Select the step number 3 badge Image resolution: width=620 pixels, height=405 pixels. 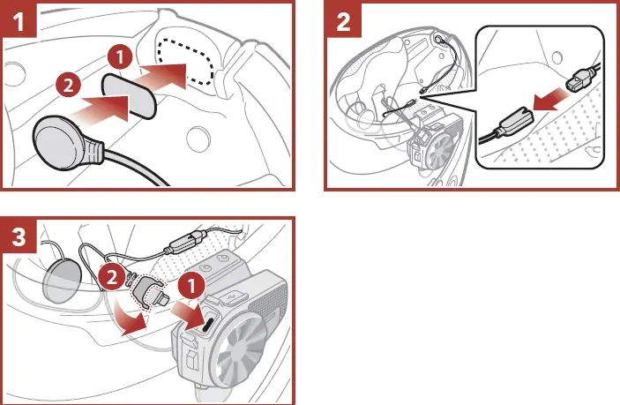tap(19, 236)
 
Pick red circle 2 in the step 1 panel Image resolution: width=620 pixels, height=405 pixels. tap(65, 87)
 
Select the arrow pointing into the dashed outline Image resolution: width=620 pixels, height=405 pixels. tap(166, 75)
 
